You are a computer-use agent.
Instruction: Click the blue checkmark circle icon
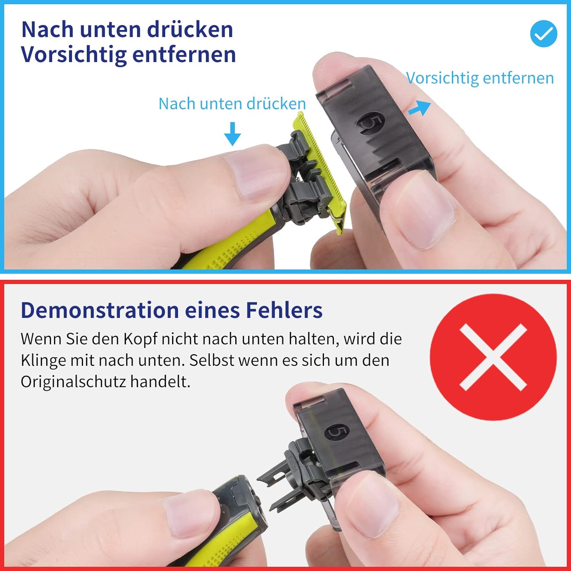point(544,34)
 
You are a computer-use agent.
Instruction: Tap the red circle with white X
point(493,357)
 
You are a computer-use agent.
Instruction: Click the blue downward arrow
point(232,134)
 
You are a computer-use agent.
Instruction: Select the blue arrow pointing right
point(420,108)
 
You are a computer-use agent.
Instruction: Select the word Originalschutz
point(73,382)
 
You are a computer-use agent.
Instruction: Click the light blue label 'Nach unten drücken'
point(232,104)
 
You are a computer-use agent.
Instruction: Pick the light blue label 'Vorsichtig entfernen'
point(480,78)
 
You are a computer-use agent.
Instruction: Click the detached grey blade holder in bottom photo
point(295,476)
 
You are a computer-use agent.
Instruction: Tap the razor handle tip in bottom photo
point(244,502)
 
